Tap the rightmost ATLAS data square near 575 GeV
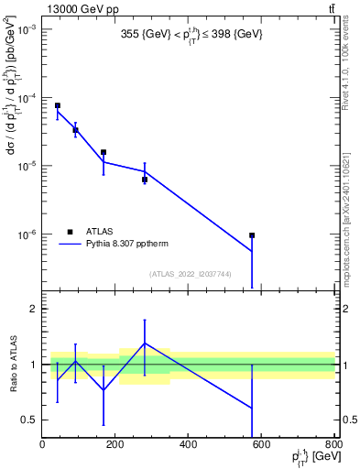(252, 235)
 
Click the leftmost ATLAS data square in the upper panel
(58, 106)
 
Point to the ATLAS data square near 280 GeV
(145, 180)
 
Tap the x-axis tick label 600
(261, 444)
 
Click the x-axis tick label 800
(333, 444)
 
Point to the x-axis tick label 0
(42, 444)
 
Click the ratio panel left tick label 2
(33, 309)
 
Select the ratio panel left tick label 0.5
(29, 420)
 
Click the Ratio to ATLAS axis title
(13, 364)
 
